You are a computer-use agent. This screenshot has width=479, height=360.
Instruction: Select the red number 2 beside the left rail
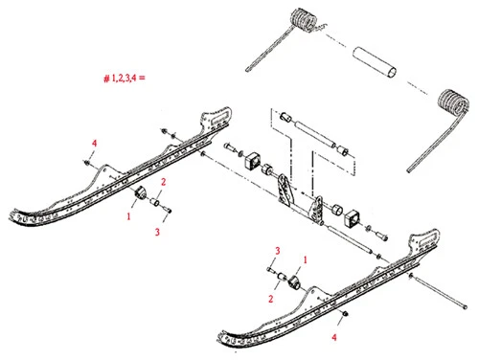tap(164, 181)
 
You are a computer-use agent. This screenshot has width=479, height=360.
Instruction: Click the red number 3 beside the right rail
tap(276, 250)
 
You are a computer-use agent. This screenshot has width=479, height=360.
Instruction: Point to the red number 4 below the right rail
tap(334, 337)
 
